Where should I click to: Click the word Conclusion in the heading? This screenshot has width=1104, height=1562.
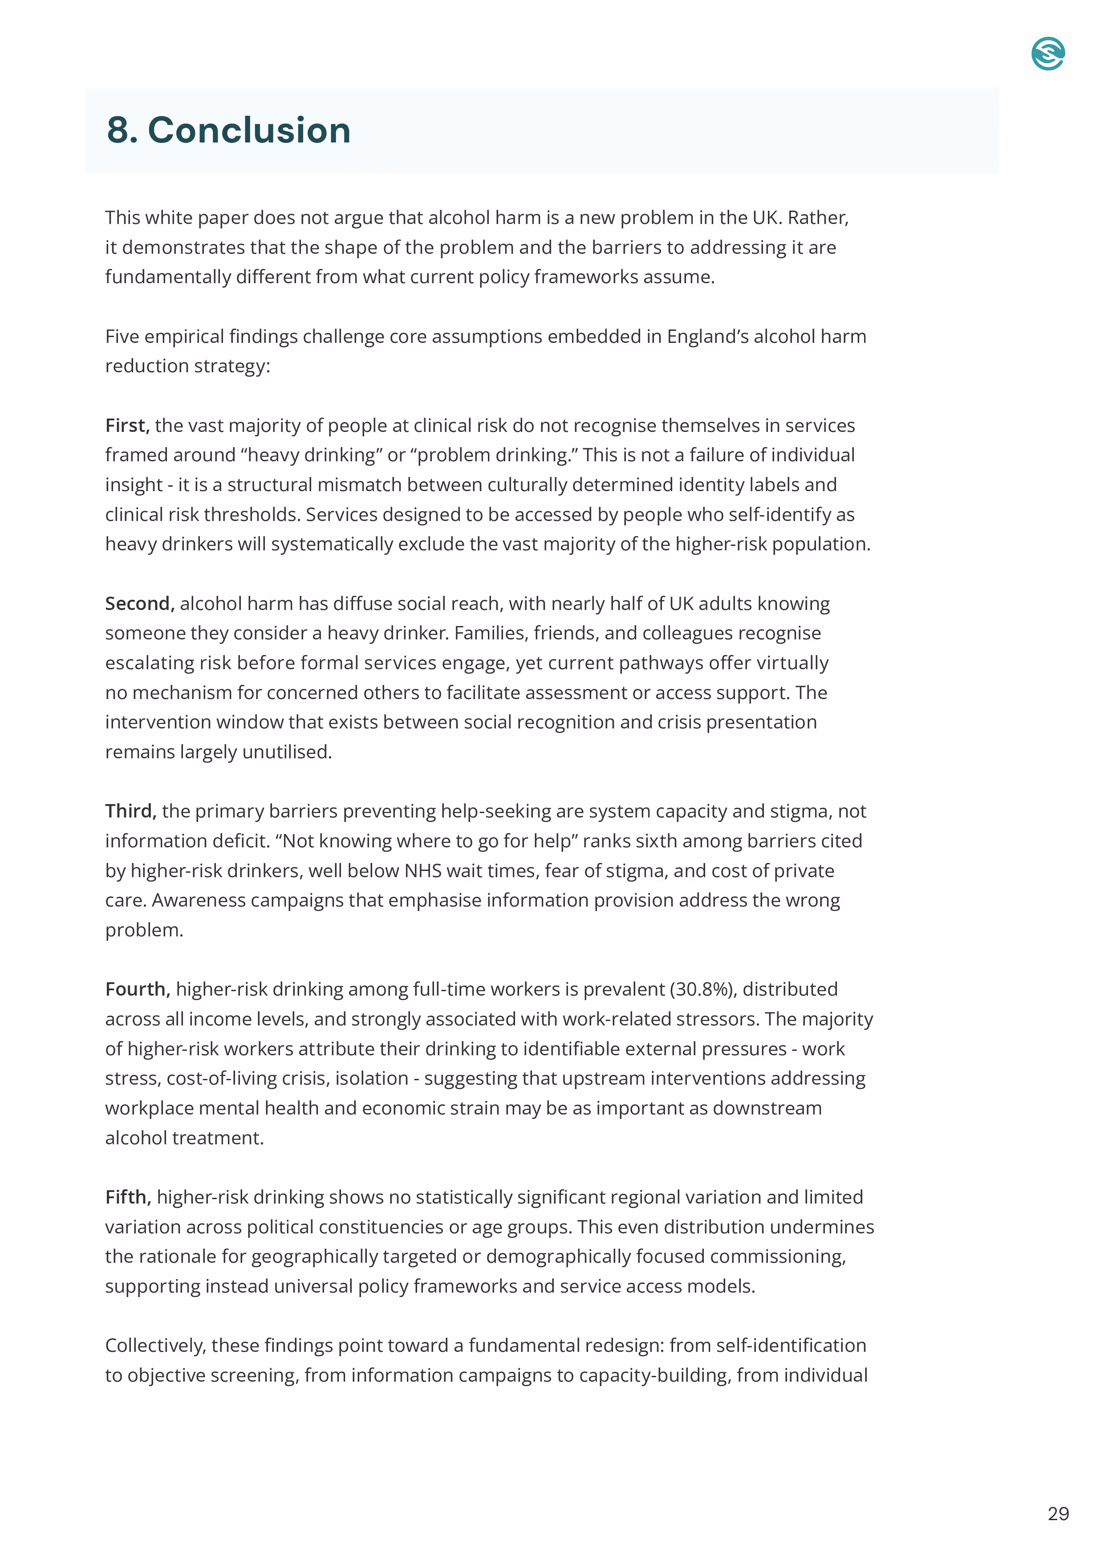click(x=249, y=130)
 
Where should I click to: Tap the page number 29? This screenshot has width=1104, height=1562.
click(x=1058, y=1514)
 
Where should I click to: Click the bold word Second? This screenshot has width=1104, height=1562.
click(x=139, y=603)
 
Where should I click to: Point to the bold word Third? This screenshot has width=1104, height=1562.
click(x=130, y=811)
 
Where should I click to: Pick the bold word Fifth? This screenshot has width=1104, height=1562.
click(x=128, y=1197)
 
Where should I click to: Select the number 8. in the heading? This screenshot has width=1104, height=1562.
click(x=122, y=130)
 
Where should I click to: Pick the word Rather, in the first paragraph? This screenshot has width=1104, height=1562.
click(x=818, y=218)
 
